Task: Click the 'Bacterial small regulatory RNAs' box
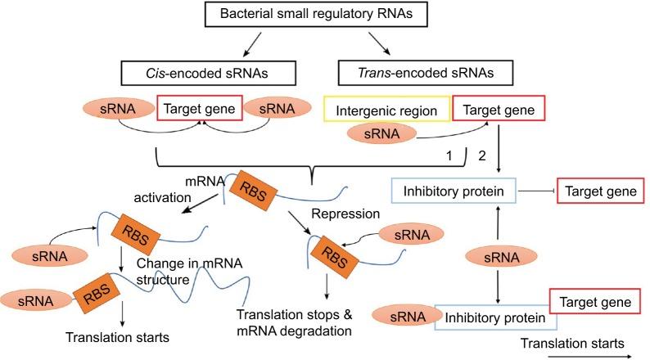(324, 15)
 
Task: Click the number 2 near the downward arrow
(482, 153)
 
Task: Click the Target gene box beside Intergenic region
(497, 107)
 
